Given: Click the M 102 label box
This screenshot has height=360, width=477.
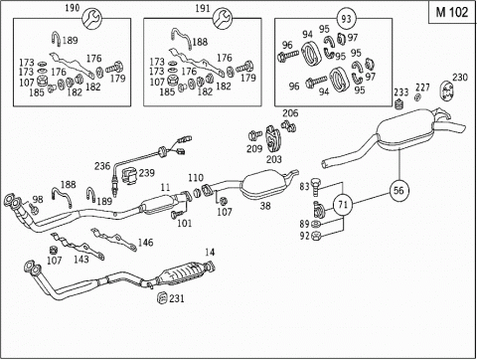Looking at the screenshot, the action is point(452,12).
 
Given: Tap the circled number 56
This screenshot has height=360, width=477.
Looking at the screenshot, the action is point(398,190).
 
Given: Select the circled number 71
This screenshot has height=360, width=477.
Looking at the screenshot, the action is point(343,205).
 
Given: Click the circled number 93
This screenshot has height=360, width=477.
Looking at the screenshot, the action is point(346,19).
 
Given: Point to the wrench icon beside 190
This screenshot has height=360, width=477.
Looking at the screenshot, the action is point(91,19).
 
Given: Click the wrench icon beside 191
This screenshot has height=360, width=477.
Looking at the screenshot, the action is point(223,19).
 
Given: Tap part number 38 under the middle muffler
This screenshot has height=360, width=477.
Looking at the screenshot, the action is point(265,206).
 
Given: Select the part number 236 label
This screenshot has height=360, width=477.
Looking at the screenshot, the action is point(102,166).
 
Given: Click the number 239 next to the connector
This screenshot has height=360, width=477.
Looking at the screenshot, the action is point(146,173).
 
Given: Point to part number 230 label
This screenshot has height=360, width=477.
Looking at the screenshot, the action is point(460,78).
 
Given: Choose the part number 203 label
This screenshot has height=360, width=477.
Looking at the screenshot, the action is point(274,159).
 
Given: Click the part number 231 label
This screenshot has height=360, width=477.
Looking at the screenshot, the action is point(177,298).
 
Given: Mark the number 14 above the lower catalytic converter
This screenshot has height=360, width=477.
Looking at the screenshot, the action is point(210,253).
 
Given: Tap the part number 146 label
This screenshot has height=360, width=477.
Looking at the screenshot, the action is point(145,243).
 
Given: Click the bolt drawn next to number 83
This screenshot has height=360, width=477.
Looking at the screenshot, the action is point(315,187).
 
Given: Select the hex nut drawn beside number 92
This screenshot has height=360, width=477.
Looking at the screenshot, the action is point(316,236).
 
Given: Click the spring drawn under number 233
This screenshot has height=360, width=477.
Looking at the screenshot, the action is point(399,104).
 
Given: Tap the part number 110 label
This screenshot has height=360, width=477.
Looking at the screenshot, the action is point(196,178).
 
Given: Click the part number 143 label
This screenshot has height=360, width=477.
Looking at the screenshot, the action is point(81,259).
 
